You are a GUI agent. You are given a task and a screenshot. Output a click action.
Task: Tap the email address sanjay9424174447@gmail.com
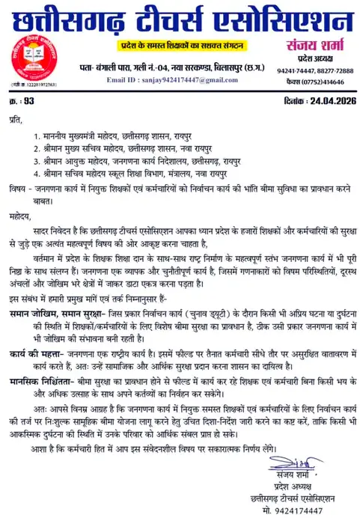click(163, 79)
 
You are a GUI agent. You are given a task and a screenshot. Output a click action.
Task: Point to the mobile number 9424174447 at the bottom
click(299, 511)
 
